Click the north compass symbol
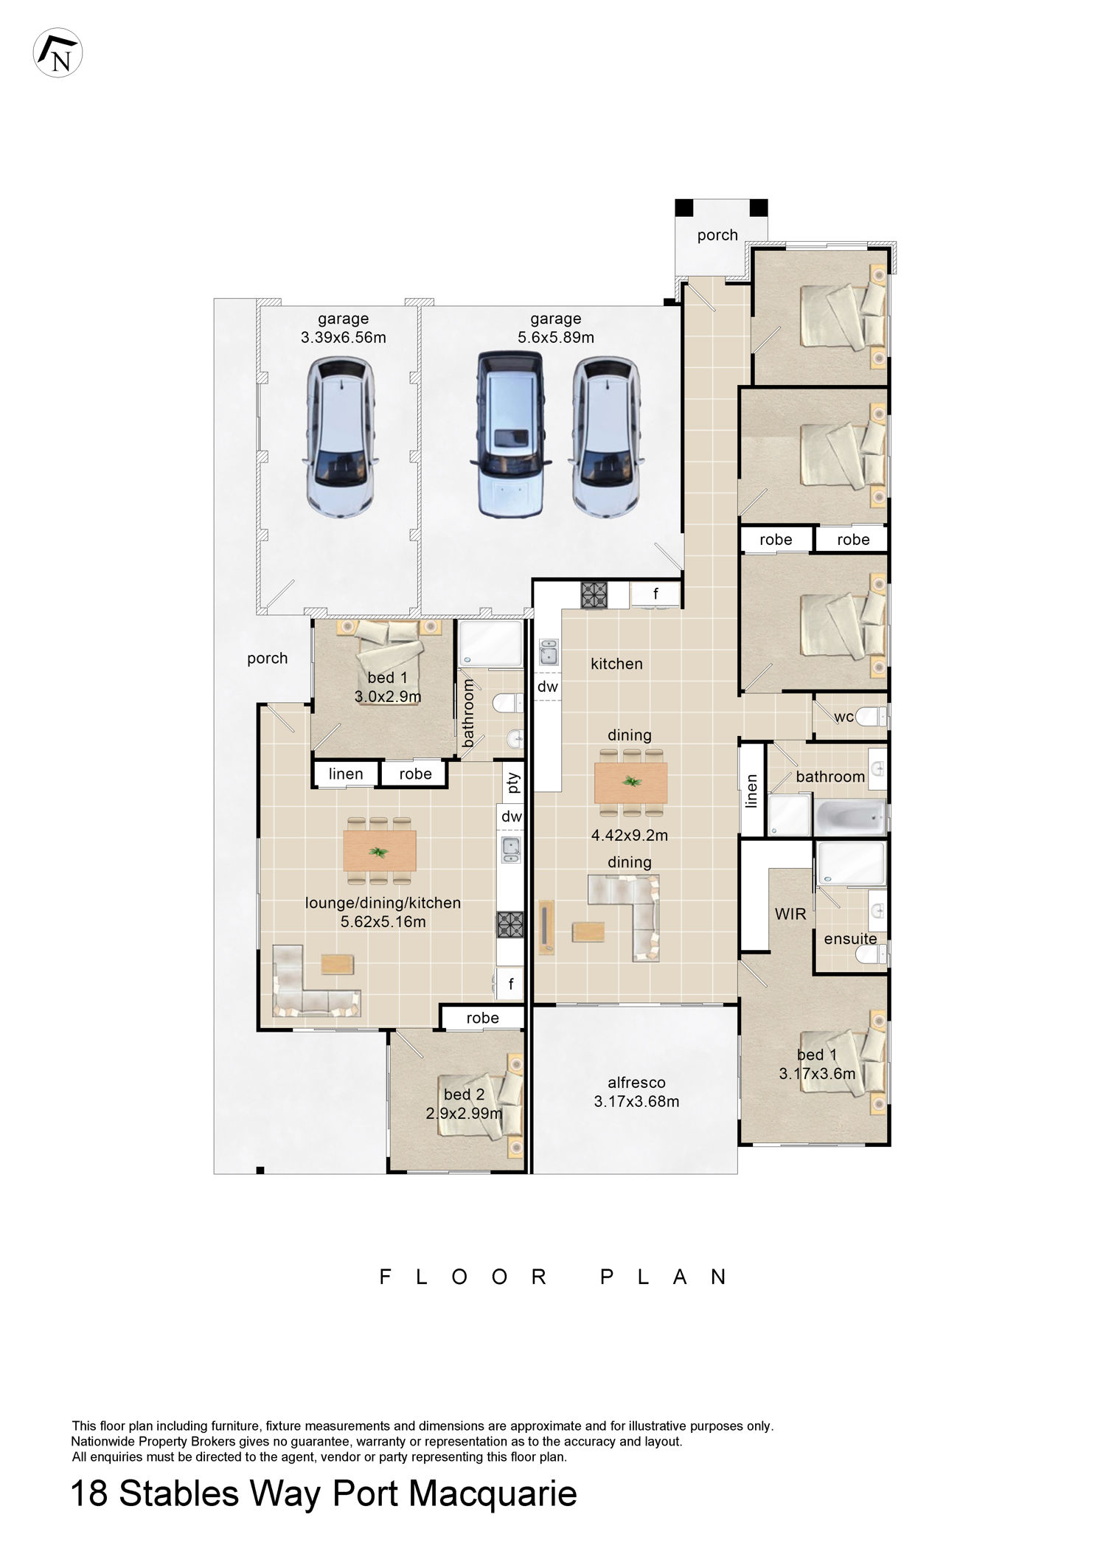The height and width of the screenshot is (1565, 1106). click(58, 53)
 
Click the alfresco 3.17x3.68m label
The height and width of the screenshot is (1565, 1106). click(636, 1092)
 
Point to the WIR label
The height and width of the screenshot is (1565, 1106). click(790, 914)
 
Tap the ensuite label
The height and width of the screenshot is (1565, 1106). click(851, 939)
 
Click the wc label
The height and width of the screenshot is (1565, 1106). click(844, 716)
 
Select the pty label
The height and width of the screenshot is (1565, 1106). click(513, 781)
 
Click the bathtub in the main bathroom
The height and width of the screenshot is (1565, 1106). click(850, 817)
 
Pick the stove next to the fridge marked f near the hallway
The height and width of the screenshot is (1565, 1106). click(593, 594)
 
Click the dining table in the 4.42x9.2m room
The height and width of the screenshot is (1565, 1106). click(630, 782)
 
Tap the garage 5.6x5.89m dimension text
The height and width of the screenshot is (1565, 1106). click(555, 338)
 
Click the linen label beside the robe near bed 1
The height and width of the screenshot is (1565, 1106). click(346, 774)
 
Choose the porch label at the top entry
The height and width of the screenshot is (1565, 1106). click(717, 235)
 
